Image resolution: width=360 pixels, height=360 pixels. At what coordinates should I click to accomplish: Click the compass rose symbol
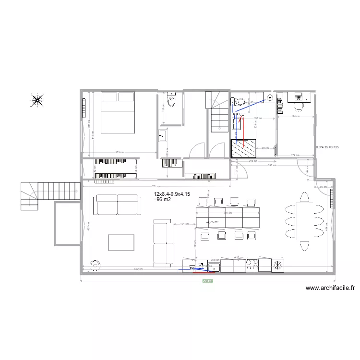(x=37, y=100)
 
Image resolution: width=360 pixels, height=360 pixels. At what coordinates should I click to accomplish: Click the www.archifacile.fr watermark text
(x=330, y=288)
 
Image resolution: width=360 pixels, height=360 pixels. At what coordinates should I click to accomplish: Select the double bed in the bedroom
(x=118, y=113)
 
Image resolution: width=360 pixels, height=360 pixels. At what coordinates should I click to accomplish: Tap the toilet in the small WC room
(x=171, y=101)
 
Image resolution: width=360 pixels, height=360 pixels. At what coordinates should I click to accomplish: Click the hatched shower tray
(x=242, y=148)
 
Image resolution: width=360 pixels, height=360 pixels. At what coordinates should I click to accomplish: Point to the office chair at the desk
(x=299, y=106)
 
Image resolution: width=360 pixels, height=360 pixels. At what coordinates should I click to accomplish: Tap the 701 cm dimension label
(x=155, y=186)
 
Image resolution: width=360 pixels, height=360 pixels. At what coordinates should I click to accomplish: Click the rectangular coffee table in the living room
(x=121, y=242)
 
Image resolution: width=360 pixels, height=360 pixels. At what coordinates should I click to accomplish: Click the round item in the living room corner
(x=96, y=265)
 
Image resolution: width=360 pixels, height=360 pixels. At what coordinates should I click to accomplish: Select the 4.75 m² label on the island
(x=213, y=222)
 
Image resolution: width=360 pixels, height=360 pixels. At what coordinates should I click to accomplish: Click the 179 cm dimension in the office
(x=296, y=155)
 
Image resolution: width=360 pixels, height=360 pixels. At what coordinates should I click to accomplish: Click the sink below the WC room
(x=163, y=136)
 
